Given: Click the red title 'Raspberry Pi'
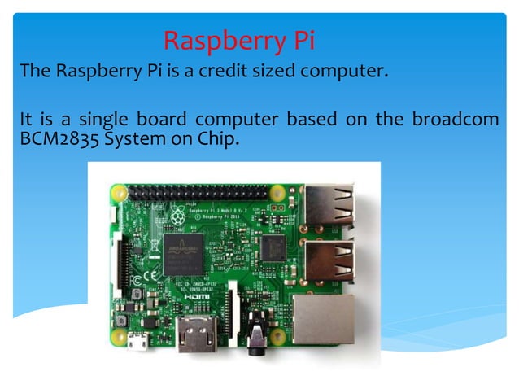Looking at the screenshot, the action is pos(238,39).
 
